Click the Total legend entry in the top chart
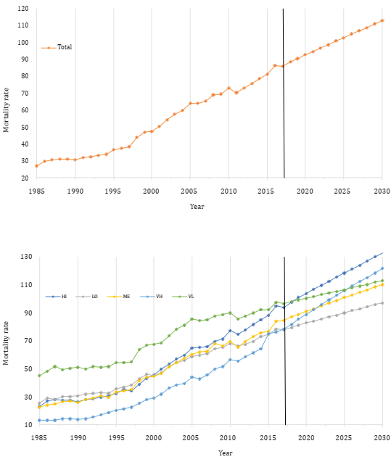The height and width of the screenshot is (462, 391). click(65, 47)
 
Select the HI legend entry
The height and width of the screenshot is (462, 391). click(64, 296)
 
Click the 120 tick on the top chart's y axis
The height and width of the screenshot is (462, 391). click(22, 9)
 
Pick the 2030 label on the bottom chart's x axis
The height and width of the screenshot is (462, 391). click(382, 439)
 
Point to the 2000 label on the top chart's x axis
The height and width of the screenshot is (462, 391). click(152, 191)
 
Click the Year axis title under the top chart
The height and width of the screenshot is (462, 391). click(197, 206)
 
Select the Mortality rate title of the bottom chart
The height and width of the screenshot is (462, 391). click(7, 341)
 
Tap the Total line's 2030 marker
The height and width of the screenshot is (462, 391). click(382, 20)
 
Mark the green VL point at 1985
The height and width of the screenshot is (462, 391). click(39, 375)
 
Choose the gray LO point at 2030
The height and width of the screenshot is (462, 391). click(382, 302)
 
